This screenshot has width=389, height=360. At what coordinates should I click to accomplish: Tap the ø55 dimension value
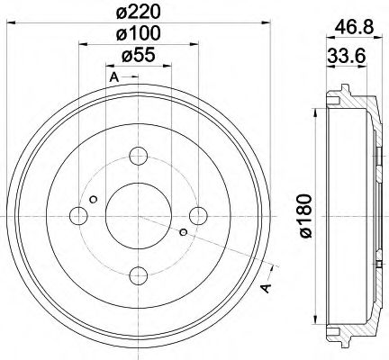coord(138,56)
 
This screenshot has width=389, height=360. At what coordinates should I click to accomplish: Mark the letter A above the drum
coord(113,78)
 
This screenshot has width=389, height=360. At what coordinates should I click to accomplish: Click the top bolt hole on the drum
coord(138,156)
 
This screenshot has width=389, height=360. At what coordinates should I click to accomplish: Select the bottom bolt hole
coord(138,275)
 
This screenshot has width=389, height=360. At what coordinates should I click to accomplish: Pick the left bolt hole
coord(78,216)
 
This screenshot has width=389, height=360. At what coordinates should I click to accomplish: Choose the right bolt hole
coord(198,216)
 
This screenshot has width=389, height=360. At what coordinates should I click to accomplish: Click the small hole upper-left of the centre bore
coord(94,199)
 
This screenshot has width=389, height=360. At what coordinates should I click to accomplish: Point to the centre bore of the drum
coord(138,216)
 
